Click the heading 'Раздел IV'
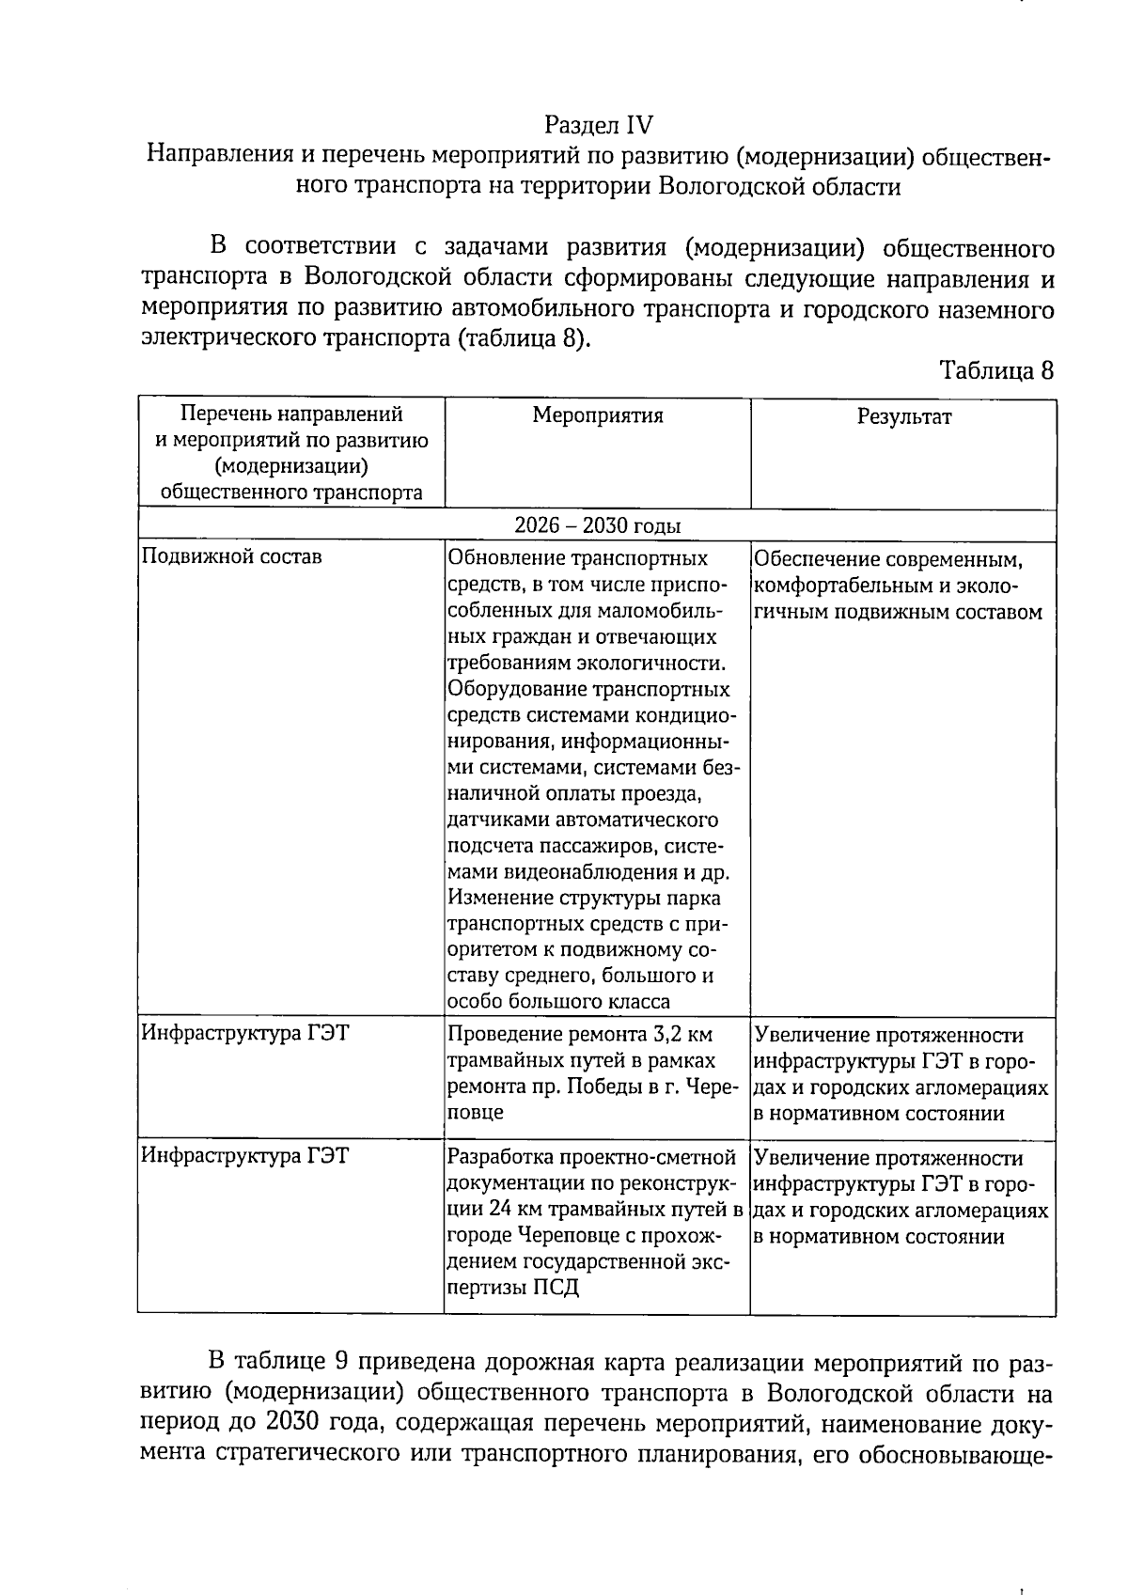598,125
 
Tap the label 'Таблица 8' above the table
996,370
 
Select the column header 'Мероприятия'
598,415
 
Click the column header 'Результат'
903,416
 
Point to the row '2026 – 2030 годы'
598,525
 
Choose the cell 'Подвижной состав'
231,556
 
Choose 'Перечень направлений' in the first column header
291,414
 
